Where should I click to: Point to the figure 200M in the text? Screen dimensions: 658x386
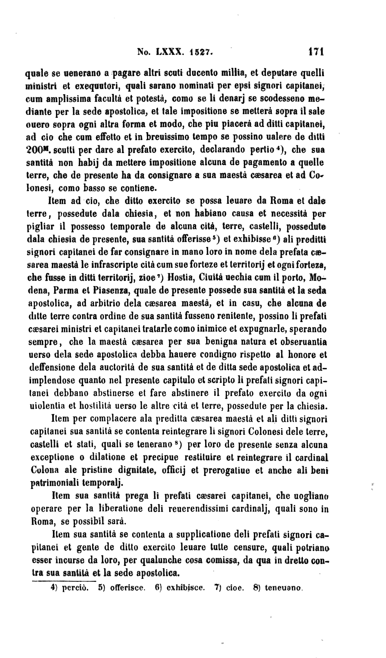(x=38, y=150)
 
